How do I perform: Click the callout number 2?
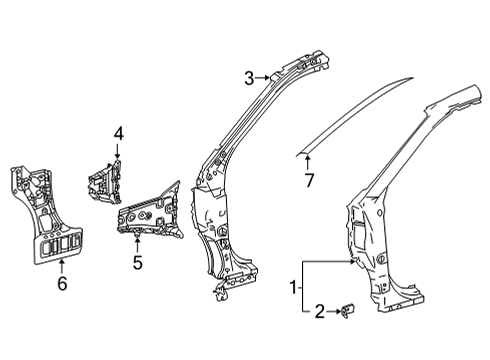[x=319, y=313]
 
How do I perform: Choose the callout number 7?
[x=309, y=178]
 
